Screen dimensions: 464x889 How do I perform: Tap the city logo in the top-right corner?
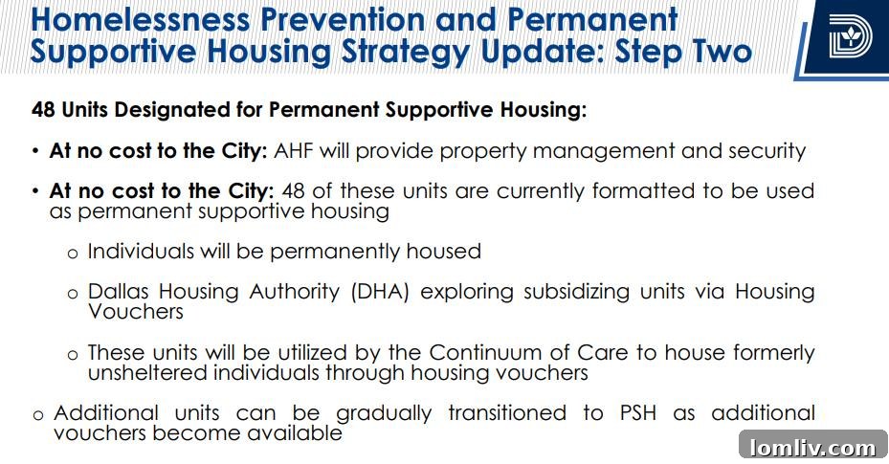point(850,38)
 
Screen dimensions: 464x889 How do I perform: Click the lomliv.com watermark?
point(813,446)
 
